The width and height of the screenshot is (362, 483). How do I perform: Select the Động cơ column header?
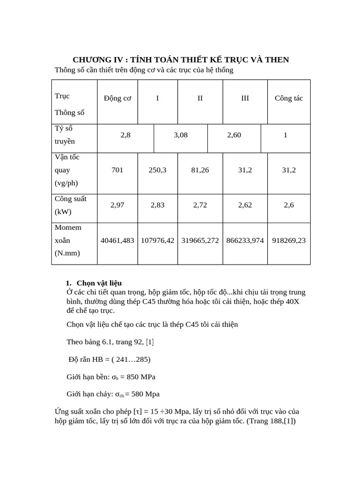pyautogui.click(x=117, y=99)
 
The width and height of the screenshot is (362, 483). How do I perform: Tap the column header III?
pyautogui.click(x=245, y=99)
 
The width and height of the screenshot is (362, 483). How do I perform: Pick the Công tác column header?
pyautogui.click(x=289, y=99)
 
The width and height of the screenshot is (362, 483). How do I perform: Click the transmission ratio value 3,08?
pyautogui.click(x=181, y=135)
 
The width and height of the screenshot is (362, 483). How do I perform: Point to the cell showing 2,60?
pyautogui.click(x=234, y=135)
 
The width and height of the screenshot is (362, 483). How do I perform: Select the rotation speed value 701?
pyautogui.click(x=117, y=170)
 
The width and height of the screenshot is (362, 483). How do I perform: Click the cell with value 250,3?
pyautogui.click(x=157, y=170)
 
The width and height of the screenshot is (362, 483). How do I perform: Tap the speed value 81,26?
pyautogui.click(x=200, y=170)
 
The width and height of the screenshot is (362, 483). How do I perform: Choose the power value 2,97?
pyautogui.click(x=117, y=205)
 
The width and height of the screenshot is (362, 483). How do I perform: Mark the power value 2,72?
pyautogui.click(x=200, y=205)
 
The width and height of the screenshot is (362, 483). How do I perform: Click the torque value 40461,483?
pyautogui.click(x=117, y=241)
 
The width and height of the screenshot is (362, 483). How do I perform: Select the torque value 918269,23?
pyautogui.click(x=289, y=241)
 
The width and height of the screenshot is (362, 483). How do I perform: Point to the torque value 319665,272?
pyautogui.click(x=200, y=241)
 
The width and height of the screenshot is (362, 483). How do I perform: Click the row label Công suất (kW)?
pyautogui.click(x=70, y=205)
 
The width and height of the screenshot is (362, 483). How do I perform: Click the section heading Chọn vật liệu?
pyautogui.click(x=99, y=283)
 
